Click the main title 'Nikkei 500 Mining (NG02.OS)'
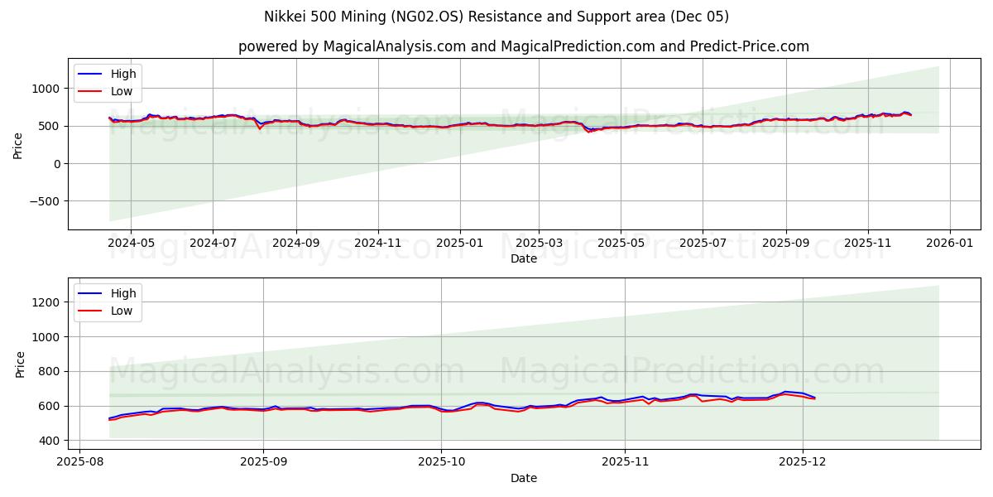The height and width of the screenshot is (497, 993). (x=496, y=17)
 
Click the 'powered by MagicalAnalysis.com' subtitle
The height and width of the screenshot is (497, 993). (x=523, y=46)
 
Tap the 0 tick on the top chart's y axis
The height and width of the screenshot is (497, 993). (x=55, y=164)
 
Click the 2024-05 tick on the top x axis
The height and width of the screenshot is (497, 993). (x=131, y=244)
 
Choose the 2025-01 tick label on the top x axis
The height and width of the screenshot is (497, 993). (x=459, y=244)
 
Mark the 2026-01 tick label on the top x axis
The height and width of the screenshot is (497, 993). (x=949, y=244)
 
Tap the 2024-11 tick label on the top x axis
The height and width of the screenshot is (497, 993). (x=378, y=244)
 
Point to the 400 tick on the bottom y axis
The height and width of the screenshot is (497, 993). (x=48, y=441)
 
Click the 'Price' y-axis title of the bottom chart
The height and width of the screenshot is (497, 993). (x=21, y=363)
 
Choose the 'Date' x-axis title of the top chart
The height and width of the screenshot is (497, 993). (x=523, y=258)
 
